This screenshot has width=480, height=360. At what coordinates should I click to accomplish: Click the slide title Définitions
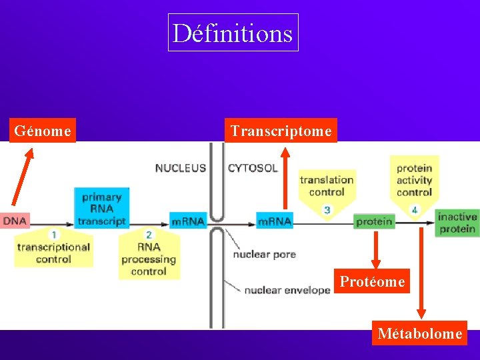233,33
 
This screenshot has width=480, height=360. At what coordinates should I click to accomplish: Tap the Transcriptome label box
281,131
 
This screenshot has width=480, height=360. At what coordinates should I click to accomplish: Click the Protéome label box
372,281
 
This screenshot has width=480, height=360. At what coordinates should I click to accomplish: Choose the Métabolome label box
419,333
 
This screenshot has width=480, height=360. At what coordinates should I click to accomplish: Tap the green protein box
374,221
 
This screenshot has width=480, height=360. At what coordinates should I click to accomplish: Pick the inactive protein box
457,223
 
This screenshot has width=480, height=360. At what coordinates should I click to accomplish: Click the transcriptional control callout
53,249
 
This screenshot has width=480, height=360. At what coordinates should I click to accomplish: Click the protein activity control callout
414,181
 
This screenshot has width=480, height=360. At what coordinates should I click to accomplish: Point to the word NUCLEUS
181,168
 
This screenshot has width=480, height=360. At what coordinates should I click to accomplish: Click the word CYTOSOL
253,168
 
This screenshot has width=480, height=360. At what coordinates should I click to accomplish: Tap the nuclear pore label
265,254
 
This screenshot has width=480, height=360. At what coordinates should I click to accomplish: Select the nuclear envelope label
287,290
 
